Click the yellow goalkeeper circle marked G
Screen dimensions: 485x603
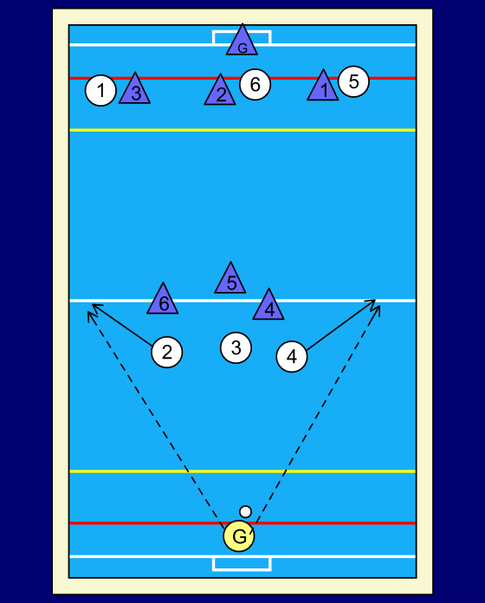(x=239, y=535)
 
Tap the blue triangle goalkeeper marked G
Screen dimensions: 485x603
(x=242, y=42)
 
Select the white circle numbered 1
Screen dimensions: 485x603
(x=100, y=90)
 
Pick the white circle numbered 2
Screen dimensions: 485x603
(x=167, y=352)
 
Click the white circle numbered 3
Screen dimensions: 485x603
(x=236, y=347)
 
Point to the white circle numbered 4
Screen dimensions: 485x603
(x=292, y=356)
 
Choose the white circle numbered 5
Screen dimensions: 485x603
(x=353, y=81)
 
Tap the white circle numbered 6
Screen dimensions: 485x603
(x=255, y=84)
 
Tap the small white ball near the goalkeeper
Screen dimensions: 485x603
(x=246, y=512)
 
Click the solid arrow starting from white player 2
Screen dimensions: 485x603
(x=122, y=325)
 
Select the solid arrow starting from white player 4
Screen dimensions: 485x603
(x=341, y=325)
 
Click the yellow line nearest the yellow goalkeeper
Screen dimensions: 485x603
(x=242, y=471)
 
